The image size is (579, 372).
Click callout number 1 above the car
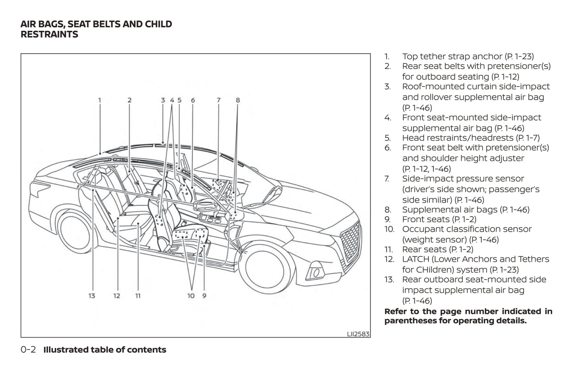point(99,100)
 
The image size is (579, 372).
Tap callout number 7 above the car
point(218,100)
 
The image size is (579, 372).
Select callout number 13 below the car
point(92,296)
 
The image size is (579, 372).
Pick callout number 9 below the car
point(204,296)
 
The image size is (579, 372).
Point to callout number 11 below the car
point(138,296)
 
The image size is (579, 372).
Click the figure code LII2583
point(358,334)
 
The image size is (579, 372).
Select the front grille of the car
point(350,241)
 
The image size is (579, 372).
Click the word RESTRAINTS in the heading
point(49,34)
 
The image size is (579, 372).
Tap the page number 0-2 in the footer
point(28,350)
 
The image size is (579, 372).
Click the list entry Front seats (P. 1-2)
point(439,219)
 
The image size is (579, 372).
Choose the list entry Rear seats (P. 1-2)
point(438,249)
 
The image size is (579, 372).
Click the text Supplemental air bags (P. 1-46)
point(466,209)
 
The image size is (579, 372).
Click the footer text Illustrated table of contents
point(105,350)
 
